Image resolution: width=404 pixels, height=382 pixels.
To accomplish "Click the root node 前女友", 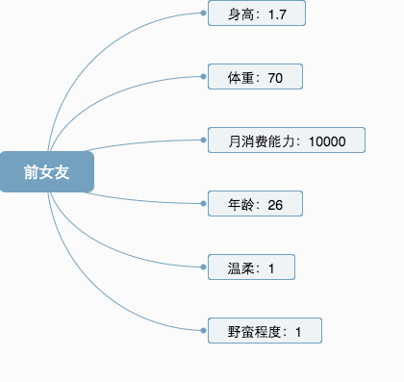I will [46, 171].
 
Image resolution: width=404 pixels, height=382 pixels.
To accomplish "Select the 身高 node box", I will [256, 13].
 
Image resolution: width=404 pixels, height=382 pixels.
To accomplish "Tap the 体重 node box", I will [255, 77].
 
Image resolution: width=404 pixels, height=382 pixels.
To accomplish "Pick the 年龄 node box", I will [255, 204].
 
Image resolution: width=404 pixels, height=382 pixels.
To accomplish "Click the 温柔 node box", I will [251, 267].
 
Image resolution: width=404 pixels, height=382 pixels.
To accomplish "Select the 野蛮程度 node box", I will [265, 331].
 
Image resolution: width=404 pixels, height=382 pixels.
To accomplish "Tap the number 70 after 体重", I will [275, 78].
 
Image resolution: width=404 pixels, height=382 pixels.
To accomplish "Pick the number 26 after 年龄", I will [275, 205].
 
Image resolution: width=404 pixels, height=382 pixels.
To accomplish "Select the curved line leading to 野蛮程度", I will [96, 299].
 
